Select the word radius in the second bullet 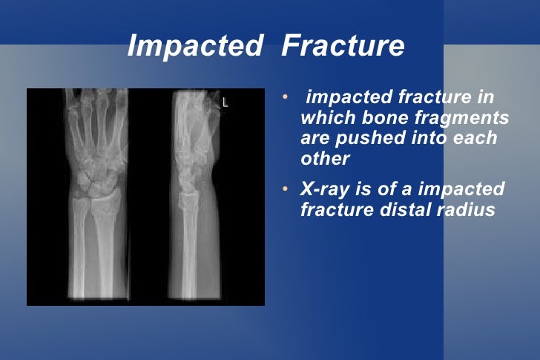(467, 209)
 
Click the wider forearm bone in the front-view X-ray (108, 245)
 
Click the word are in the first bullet (315, 139)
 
